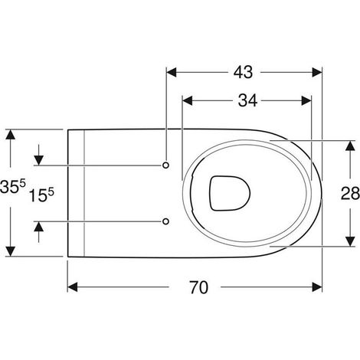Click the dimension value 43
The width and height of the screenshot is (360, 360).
(243, 72)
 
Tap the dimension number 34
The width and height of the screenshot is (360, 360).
(247, 100)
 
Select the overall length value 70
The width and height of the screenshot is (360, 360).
(199, 287)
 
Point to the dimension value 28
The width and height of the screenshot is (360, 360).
(350, 193)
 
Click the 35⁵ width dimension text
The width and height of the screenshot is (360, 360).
(13, 186)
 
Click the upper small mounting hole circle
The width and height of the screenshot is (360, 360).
(165, 165)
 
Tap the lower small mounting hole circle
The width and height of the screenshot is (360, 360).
(165, 221)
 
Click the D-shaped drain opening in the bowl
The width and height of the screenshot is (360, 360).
(230, 193)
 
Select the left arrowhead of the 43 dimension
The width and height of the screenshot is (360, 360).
(172, 73)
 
